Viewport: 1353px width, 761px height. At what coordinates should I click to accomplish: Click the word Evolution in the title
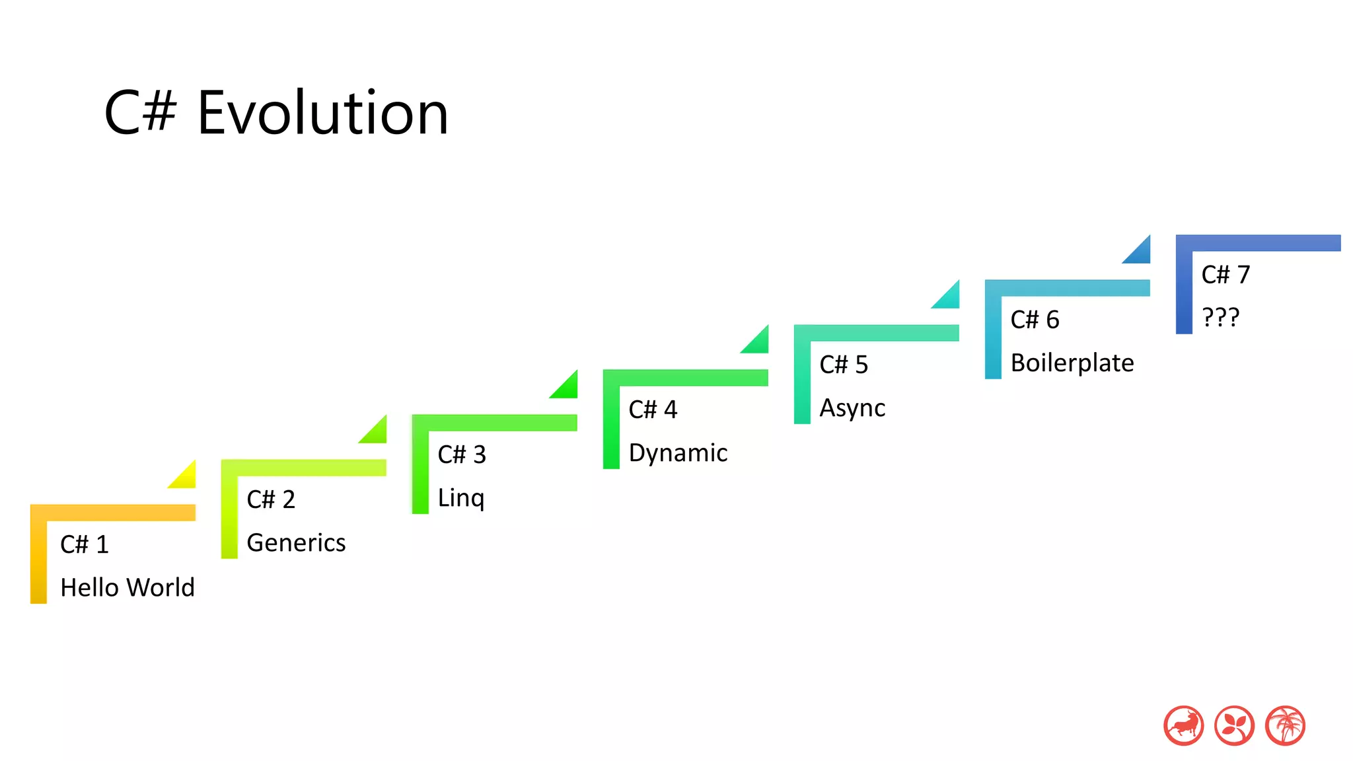coord(322,114)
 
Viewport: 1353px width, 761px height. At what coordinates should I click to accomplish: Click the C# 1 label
coord(84,545)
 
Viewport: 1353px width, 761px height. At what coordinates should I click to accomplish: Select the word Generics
coord(295,543)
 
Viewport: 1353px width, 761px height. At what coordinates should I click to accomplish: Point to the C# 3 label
coord(461,455)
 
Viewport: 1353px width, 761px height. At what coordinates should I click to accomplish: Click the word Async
coord(852,408)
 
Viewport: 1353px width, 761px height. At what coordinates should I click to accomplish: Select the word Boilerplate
coord(1072,363)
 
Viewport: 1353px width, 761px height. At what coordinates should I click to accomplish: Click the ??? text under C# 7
coord(1220,318)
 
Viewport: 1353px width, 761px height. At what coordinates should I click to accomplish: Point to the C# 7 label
coord(1225,275)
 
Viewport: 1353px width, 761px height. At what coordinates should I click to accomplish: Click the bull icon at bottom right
coord(1183,725)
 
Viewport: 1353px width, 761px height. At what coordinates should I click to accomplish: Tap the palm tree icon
coord(1285,725)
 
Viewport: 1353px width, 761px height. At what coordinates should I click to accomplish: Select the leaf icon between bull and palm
coord(1234,725)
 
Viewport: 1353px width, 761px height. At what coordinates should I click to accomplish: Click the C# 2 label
coord(270,500)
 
